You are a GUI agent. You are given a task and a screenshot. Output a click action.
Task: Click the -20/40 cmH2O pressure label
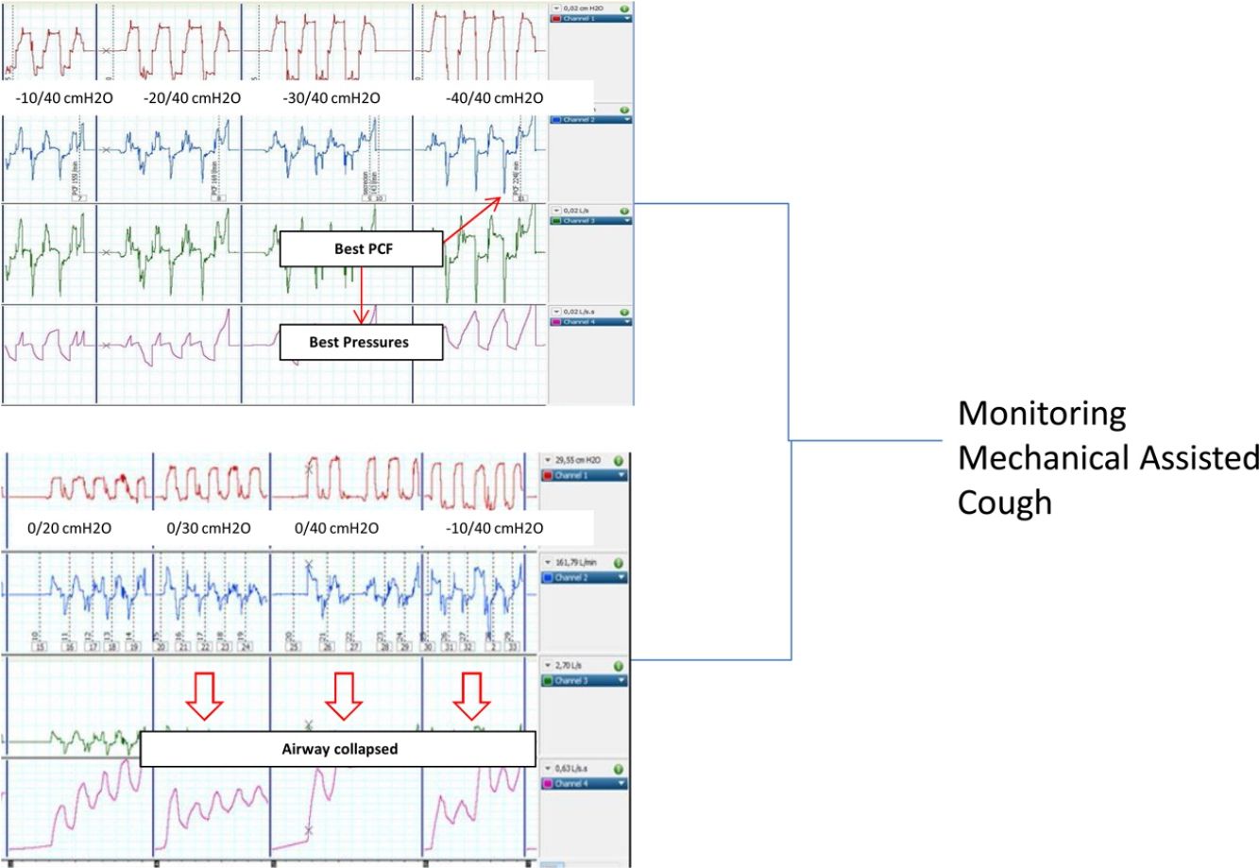coord(192,98)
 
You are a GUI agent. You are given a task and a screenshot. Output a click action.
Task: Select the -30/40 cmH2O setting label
coord(331,98)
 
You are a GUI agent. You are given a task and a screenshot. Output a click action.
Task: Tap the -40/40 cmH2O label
coord(494,98)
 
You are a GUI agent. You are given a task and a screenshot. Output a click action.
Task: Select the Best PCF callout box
coord(361,250)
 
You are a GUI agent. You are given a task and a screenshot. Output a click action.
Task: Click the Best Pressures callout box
coord(360,342)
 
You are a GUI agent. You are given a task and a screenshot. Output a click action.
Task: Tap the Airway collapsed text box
coord(340,749)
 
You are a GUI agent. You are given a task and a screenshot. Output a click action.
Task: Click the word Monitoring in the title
coord(1042,414)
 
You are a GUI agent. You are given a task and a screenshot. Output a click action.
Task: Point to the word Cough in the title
coord(1004,502)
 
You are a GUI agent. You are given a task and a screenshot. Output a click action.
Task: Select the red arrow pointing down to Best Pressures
coord(361,295)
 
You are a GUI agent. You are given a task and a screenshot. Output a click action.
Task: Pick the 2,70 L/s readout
coord(570,665)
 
